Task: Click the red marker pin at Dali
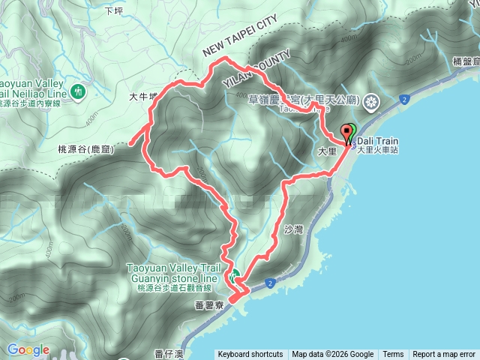coord(347,133)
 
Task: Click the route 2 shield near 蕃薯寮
coord(268,283)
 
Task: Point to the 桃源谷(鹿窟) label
coord(85,150)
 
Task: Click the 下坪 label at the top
coord(113,11)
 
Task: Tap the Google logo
coord(28,349)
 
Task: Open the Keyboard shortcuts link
coord(250,355)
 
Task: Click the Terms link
coord(393,355)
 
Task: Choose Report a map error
coord(444,355)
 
